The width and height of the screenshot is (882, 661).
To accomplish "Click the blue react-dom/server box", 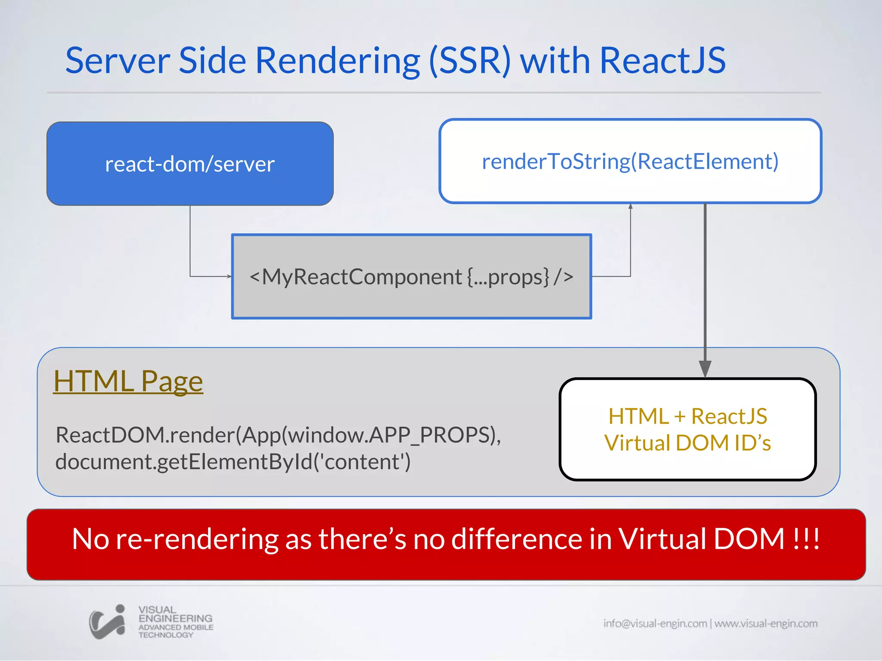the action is [x=190, y=164].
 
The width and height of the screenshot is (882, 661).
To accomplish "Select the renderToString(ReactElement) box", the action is [x=630, y=161].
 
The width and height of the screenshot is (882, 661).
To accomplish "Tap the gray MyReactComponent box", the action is [x=411, y=276].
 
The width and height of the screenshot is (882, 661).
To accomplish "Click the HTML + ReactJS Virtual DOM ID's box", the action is [x=687, y=429].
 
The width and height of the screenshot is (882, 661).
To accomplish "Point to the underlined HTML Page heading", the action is [x=128, y=381].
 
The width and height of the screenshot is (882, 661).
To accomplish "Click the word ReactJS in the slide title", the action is [x=662, y=60].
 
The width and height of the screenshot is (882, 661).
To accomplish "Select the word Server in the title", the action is [x=118, y=60].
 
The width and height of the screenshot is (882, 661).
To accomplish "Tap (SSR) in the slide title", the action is [x=470, y=60].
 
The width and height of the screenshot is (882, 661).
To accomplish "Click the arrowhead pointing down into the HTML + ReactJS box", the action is [x=705, y=369].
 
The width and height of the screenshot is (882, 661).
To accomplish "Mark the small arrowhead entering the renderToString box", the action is [x=630, y=207].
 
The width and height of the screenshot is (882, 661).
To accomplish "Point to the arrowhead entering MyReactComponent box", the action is [x=229, y=276].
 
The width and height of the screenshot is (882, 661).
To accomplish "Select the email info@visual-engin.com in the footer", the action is [x=655, y=623].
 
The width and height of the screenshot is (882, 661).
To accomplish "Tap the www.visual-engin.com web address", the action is [x=766, y=623].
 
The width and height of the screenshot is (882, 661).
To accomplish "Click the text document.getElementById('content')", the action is [x=233, y=462].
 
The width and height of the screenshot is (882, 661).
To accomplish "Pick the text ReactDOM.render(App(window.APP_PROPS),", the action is [x=278, y=435].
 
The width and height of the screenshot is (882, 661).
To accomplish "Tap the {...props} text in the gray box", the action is [x=508, y=277].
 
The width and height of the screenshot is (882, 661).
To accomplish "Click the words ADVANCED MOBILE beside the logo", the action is [x=176, y=627].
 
